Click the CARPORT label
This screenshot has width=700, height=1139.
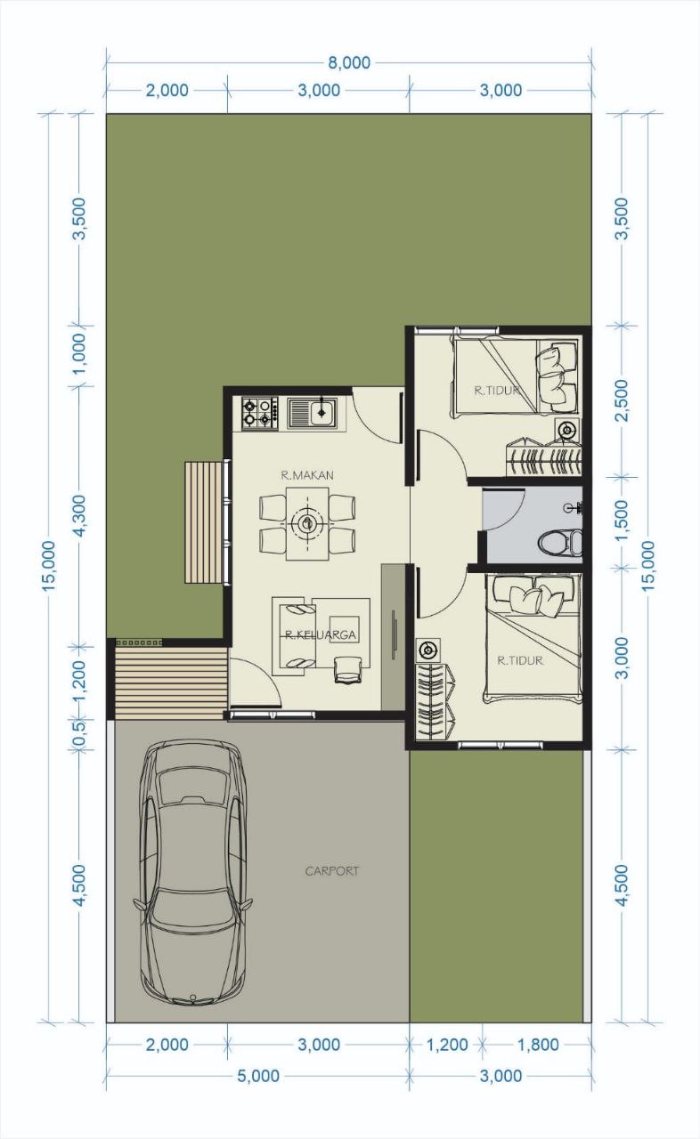pyautogui.click(x=332, y=871)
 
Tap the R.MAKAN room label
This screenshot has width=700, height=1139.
pyautogui.click(x=307, y=475)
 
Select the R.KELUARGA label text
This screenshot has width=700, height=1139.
pyautogui.click(x=320, y=634)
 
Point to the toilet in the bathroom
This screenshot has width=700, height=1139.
pyautogui.click(x=559, y=542)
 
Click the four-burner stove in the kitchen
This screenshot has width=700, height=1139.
pyautogui.click(x=260, y=413)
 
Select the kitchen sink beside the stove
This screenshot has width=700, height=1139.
pyautogui.click(x=312, y=412)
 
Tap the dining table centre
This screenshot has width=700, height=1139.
pyautogui.click(x=306, y=523)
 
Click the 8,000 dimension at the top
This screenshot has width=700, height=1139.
pyautogui.click(x=349, y=63)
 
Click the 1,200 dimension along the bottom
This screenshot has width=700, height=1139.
pyautogui.click(x=447, y=1045)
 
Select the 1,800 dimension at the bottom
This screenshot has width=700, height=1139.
pyautogui.click(x=538, y=1045)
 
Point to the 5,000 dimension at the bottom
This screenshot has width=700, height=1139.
pyautogui.click(x=258, y=1076)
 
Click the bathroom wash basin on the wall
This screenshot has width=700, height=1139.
pyautogui.click(x=574, y=507)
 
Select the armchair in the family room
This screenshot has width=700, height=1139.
pyautogui.click(x=347, y=669)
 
